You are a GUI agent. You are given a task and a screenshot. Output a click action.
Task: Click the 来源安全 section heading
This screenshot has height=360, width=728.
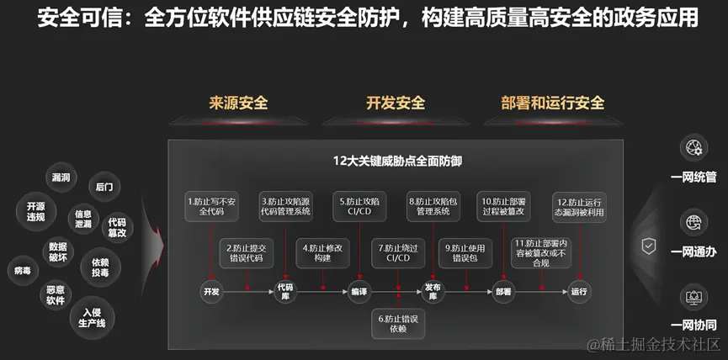(x=238, y=103)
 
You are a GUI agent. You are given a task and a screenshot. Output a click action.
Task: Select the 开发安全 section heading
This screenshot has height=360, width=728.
(x=395, y=103)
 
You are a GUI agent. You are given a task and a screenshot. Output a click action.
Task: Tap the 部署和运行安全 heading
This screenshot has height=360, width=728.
(x=552, y=103)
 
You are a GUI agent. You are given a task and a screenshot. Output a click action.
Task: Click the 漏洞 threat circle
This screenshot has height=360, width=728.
(x=61, y=177)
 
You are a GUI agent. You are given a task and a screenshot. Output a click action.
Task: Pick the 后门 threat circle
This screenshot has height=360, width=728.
(x=104, y=186)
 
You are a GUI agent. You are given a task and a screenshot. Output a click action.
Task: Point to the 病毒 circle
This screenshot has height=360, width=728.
(x=23, y=270)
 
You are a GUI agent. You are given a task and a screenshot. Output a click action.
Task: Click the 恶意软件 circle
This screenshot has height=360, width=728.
(x=56, y=294)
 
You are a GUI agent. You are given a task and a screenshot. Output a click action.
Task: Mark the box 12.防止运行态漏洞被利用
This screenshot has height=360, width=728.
(x=581, y=207)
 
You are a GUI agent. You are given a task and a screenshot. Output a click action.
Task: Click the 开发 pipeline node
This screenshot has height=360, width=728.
(x=210, y=291)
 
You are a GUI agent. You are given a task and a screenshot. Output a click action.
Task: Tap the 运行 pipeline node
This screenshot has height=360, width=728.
(x=579, y=291)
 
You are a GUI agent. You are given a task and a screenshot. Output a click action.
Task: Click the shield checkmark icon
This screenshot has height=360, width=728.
(x=649, y=246)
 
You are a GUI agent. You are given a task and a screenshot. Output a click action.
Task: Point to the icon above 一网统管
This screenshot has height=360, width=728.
(x=694, y=148)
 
